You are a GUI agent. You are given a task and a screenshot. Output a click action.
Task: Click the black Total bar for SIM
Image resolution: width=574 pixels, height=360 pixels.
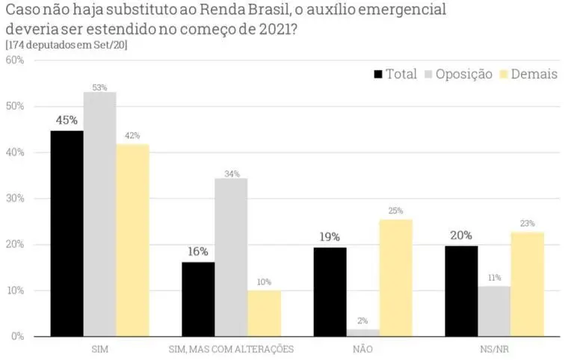pyautogui.click(x=67, y=233)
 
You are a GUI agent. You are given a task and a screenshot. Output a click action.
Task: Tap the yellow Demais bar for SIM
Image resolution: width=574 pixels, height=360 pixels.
pyautogui.click(x=132, y=240)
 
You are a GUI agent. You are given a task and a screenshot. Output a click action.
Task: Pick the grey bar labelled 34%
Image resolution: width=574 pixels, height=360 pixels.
pyautogui.click(x=231, y=257)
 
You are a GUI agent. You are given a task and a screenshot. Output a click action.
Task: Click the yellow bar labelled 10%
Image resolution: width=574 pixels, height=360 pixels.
pyautogui.click(x=264, y=313)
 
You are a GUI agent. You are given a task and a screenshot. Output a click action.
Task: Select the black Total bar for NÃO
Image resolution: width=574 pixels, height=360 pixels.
pyautogui.click(x=330, y=291)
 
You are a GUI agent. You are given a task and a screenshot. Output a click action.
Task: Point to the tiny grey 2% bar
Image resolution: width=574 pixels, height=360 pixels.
pyautogui.click(x=362, y=333)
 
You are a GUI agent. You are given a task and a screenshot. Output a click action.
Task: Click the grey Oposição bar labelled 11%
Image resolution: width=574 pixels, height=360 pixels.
pyautogui.click(x=494, y=311)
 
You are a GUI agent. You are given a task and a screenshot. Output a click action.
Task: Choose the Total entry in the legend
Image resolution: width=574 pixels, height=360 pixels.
pyautogui.click(x=395, y=74)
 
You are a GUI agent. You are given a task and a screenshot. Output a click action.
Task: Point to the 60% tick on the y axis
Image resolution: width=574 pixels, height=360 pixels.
pyautogui.click(x=15, y=60)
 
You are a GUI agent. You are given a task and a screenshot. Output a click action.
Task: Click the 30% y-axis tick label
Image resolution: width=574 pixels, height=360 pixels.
pyautogui.click(x=15, y=199)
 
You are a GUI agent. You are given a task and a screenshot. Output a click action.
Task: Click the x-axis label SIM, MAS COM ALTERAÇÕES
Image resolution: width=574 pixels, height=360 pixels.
pyautogui.click(x=231, y=350)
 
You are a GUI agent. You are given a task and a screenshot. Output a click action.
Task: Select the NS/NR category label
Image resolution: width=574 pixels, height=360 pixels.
pyautogui.click(x=494, y=350)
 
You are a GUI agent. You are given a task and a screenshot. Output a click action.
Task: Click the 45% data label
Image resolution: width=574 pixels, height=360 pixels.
pyautogui.click(x=66, y=120)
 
